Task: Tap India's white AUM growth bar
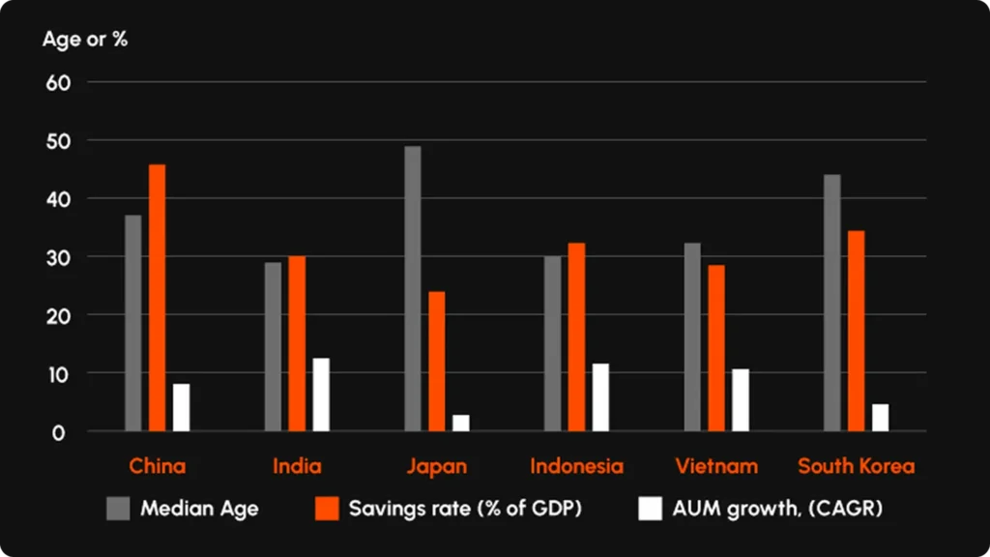click(321, 395)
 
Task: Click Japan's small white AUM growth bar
click(460, 423)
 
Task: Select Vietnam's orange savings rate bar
click(715, 348)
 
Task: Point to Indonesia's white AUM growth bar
click(600, 397)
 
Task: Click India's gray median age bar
click(274, 346)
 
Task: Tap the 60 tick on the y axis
click(60, 83)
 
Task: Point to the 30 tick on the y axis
click(60, 257)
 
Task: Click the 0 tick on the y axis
click(59, 432)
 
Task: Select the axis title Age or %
click(85, 40)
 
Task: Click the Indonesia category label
click(576, 466)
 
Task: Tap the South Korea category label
click(856, 466)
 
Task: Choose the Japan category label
click(436, 466)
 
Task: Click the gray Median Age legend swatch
click(117, 509)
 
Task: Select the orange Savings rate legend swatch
click(327, 509)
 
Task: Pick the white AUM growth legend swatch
click(651, 509)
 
